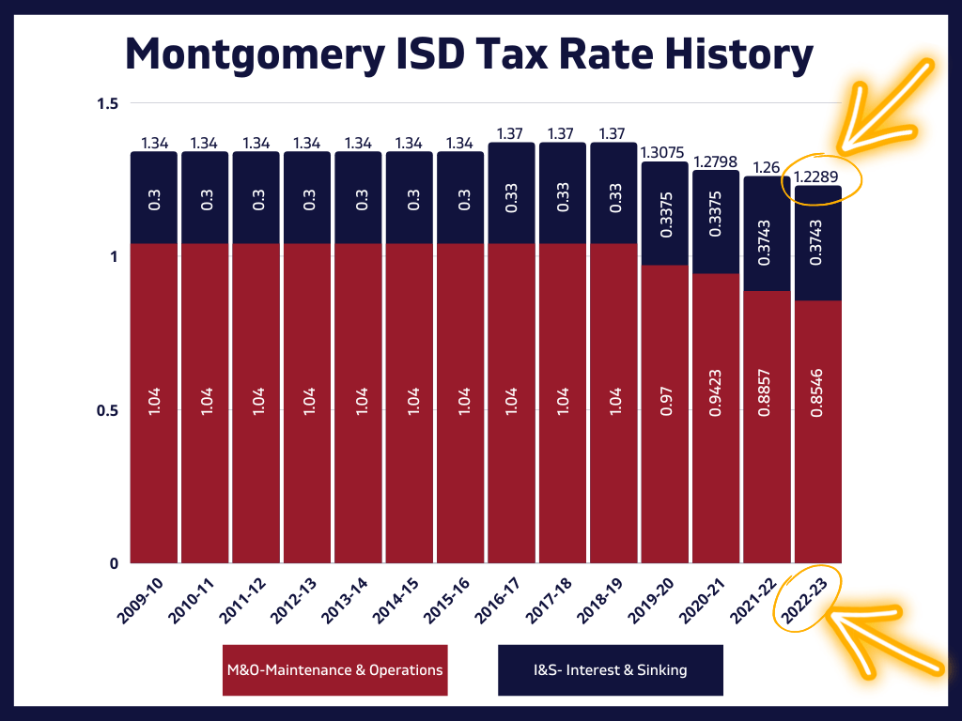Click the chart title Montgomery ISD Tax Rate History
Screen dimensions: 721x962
tap(469, 54)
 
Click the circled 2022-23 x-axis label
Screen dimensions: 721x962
tap(806, 600)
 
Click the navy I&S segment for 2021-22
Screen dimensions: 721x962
tap(767, 233)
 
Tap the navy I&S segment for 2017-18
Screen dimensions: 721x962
tap(562, 193)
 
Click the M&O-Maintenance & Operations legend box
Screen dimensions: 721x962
tap(334, 670)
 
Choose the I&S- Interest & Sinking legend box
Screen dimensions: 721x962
tap(610, 670)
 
